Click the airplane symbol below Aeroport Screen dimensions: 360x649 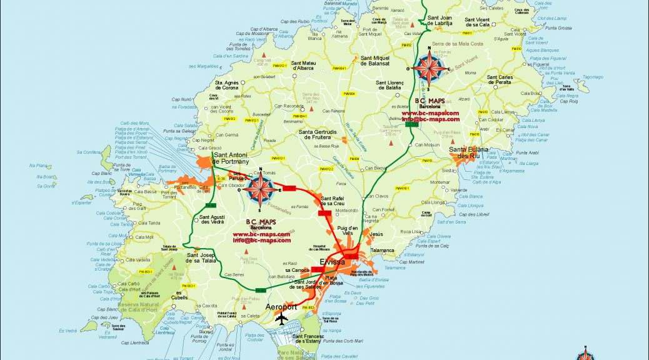(x=283, y=319)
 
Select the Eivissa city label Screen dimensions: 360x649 (x=332, y=262)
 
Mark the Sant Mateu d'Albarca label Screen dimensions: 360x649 (x=306, y=66)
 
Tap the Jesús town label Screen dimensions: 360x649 (x=376, y=234)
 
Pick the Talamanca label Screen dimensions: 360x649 (x=382, y=249)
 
